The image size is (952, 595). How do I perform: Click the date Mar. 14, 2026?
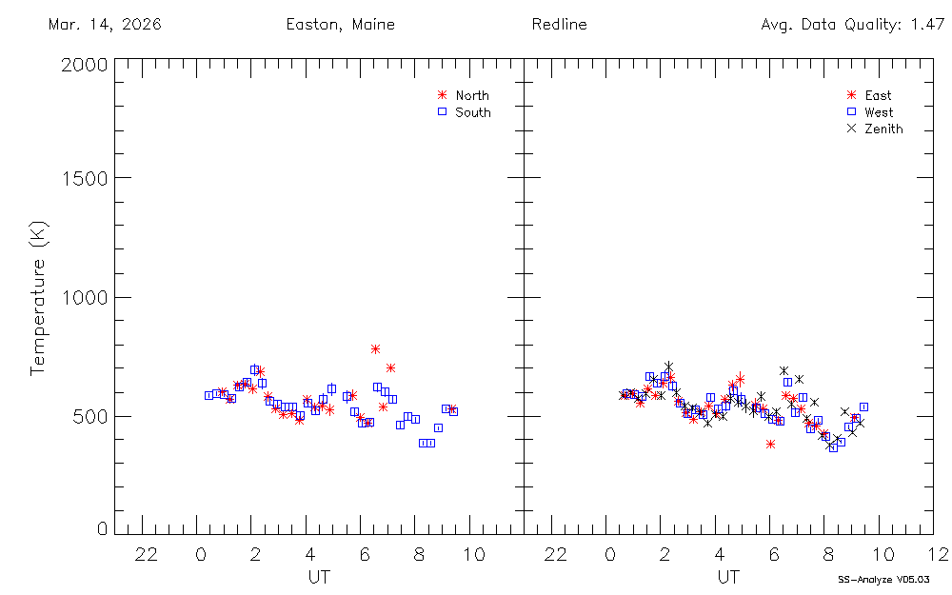click(104, 25)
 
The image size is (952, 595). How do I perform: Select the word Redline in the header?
click(559, 25)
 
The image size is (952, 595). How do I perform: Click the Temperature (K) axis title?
click(38, 297)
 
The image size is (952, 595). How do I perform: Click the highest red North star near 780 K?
click(376, 349)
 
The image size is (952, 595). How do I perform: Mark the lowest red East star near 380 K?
click(770, 444)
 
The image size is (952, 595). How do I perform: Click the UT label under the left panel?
click(319, 577)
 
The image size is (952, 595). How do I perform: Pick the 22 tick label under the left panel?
click(146, 554)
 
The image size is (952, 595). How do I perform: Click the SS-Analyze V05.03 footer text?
click(883, 579)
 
